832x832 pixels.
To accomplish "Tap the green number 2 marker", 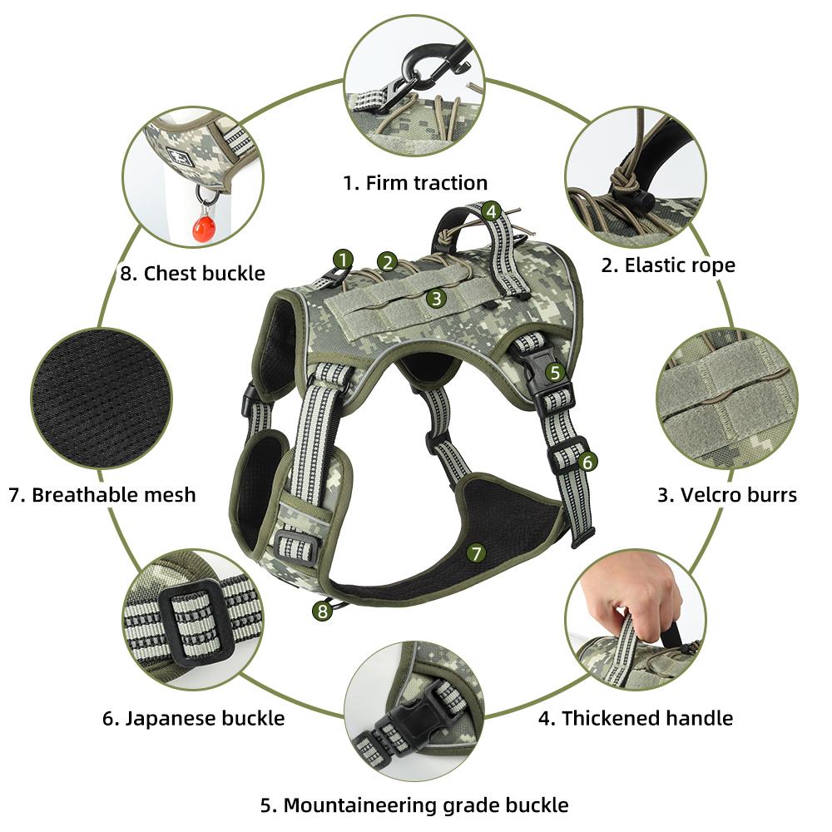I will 386,262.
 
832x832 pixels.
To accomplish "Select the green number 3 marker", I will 435,297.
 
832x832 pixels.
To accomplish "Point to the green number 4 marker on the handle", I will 491,211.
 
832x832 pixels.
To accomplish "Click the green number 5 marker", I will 555,373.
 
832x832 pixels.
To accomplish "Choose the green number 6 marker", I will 587,460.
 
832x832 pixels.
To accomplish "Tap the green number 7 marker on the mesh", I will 475,552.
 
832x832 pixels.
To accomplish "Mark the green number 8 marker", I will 321,612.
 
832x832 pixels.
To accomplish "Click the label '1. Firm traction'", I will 415,182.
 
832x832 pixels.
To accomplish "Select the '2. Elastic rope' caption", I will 668,265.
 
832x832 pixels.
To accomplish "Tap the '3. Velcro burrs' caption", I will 726,495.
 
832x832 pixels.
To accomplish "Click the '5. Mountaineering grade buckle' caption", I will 414,805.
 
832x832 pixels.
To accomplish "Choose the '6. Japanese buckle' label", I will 194,718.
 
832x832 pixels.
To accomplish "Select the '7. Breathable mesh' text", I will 102,495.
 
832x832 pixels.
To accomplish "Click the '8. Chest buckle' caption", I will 192,273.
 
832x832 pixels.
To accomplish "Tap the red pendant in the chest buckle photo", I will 202,226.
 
